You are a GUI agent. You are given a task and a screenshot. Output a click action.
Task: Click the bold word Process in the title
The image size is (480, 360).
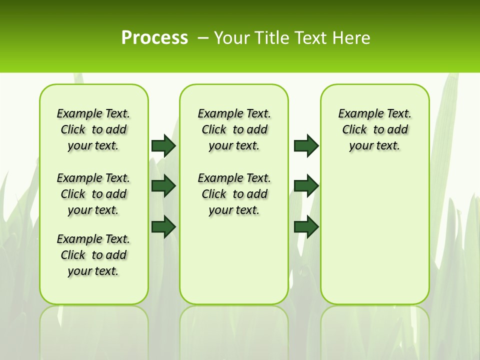(154, 38)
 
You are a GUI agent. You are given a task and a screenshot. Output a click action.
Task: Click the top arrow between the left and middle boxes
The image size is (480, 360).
(163, 145)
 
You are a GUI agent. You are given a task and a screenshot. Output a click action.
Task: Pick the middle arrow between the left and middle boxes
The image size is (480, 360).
(163, 186)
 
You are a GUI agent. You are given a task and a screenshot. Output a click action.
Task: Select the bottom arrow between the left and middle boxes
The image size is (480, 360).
(163, 226)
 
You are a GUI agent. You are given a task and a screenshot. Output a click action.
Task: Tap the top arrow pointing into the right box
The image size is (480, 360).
(306, 145)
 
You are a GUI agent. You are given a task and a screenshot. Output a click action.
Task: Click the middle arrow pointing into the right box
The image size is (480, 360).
(306, 186)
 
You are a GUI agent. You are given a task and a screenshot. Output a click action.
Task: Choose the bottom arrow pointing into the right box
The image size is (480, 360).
(306, 226)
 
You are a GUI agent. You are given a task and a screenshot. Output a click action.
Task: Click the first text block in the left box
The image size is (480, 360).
(93, 129)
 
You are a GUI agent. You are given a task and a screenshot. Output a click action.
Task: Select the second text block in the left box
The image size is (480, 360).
(93, 194)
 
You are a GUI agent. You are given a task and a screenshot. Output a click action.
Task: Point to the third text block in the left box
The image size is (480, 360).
(93, 255)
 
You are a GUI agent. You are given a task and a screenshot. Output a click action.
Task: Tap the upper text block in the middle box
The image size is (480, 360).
(234, 129)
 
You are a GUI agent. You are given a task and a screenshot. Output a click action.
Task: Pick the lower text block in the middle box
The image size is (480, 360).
(234, 194)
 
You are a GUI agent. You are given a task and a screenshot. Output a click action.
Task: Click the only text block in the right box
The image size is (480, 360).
(374, 129)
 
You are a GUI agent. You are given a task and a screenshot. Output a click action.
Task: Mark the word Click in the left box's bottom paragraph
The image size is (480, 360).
(73, 255)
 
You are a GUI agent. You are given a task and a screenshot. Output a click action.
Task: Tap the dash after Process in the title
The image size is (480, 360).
(202, 38)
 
